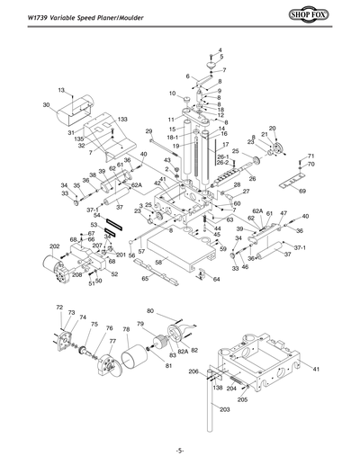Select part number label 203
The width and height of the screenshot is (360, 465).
224,409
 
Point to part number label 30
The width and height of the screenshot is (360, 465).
46,105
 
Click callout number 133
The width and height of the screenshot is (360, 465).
122,120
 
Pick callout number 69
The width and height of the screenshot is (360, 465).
302,192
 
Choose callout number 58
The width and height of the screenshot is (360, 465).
158,262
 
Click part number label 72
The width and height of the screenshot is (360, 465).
59,308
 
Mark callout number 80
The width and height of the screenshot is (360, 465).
150,311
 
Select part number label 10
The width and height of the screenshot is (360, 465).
171,93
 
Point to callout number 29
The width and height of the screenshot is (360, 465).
149,131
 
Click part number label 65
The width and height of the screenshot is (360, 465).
145,280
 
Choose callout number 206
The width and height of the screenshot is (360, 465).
193,371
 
